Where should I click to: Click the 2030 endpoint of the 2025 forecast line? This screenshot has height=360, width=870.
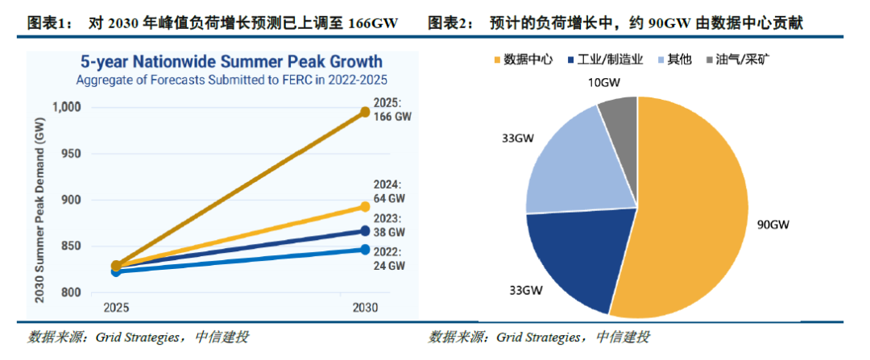point(365,113)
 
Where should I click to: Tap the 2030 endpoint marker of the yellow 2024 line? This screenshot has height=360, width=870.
point(365,208)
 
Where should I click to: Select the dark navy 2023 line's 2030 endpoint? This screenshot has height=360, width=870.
point(365,232)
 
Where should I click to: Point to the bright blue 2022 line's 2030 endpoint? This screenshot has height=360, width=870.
point(365,250)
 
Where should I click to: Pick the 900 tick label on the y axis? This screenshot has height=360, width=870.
point(71,200)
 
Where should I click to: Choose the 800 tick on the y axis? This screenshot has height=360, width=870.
point(71,292)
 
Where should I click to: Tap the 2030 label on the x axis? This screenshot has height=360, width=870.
point(365,308)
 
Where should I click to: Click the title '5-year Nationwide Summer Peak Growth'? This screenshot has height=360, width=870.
point(230,62)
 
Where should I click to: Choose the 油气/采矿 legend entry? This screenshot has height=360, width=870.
point(738,60)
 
